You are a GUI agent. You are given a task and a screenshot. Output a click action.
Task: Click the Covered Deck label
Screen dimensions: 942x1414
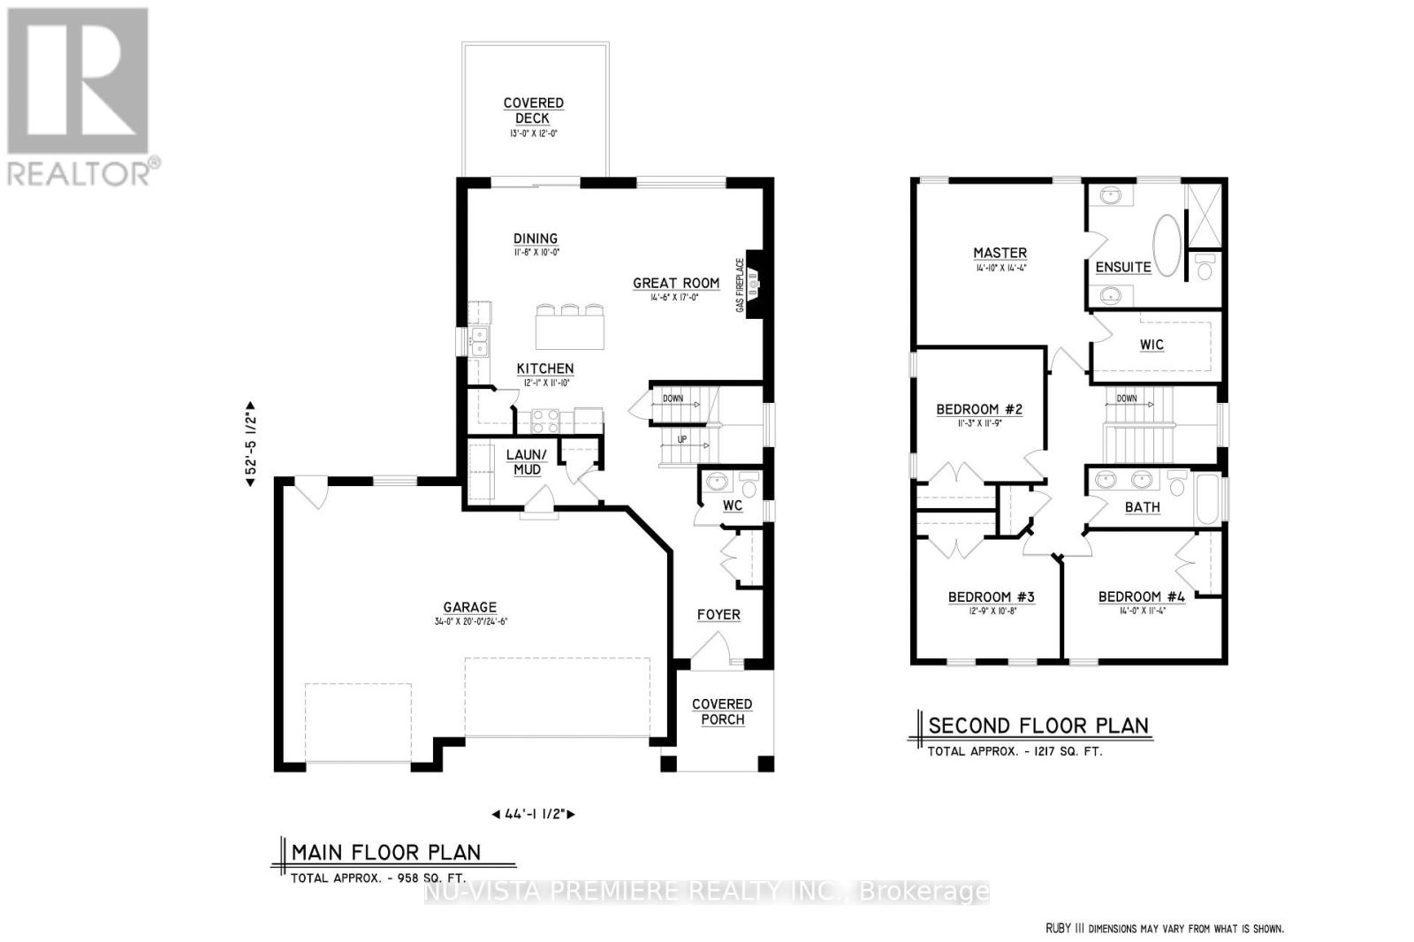click(533, 110)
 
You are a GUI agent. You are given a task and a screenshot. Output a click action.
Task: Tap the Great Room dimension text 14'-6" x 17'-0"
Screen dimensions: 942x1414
click(675, 298)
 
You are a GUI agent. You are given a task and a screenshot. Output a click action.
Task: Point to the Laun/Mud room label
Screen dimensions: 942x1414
click(527, 462)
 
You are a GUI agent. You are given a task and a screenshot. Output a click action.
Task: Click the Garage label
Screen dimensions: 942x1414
click(469, 607)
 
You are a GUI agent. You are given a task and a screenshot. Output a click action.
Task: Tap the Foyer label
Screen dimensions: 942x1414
click(718, 614)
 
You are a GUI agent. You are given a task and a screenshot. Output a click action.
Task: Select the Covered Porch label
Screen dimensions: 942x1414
click(722, 711)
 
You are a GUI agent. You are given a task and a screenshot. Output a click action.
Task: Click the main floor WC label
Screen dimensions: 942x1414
click(733, 506)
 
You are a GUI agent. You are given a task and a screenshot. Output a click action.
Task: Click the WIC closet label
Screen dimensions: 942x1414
click(1152, 345)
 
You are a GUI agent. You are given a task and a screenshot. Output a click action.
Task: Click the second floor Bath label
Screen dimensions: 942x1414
click(1142, 507)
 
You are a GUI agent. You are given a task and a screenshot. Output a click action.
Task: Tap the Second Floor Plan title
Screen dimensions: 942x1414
click(1038, 726)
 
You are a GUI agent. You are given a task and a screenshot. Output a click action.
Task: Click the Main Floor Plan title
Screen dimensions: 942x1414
click(386, 853)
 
